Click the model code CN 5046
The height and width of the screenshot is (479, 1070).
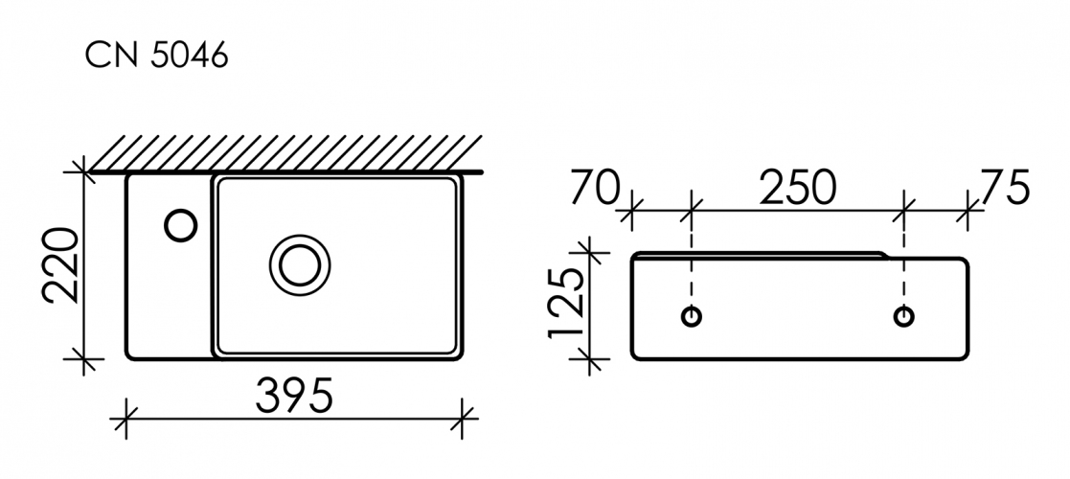(x=156, y=56)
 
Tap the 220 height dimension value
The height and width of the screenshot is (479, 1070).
(x=63, y=266)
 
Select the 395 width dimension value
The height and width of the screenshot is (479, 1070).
(x=294, y=395)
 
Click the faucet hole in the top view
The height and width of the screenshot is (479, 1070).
(x=181, y=225)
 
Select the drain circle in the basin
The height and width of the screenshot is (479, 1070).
(x=300, y=264)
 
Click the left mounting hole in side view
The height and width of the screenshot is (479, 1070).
(x=692, y=316)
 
